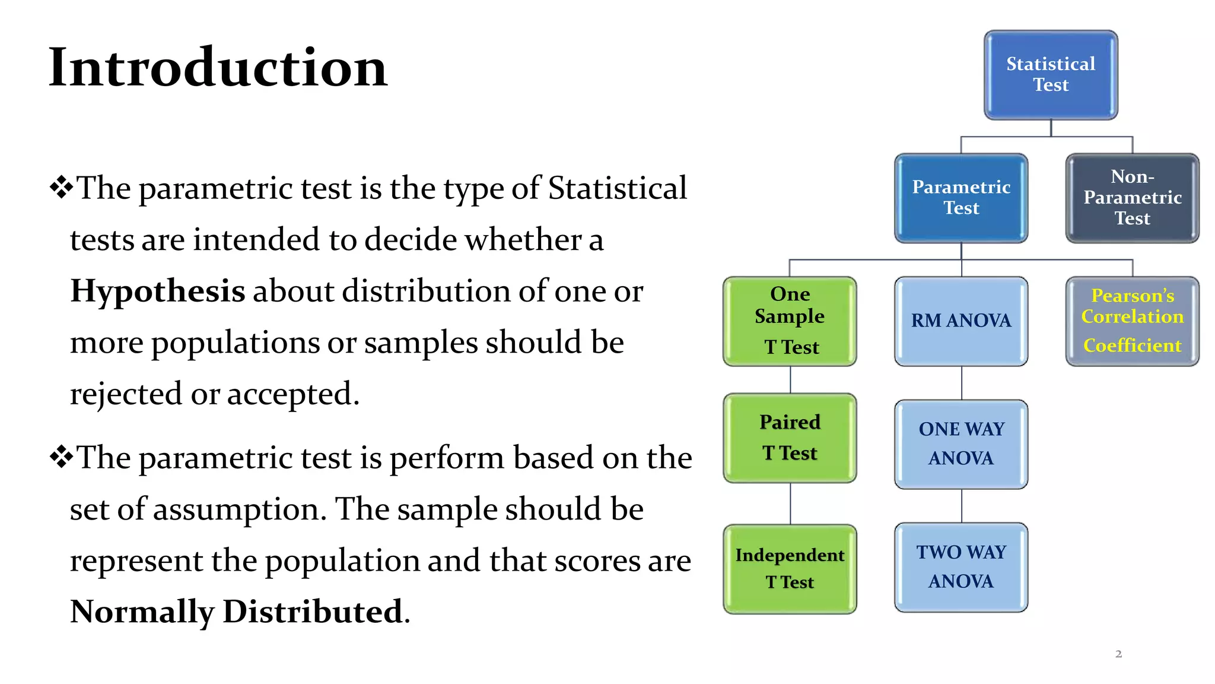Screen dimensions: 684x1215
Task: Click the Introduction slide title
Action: pyautogui.click(x=218, y=68)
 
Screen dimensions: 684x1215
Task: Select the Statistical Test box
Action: pyautogui.click(x=1051, y=75)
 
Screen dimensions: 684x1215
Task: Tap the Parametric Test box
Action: pyautogui.click(x=961, y=198)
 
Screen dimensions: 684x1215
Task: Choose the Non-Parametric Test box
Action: pyautogui.click(x=1132, y=198)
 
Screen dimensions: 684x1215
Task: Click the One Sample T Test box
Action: pyautogui.click(x=790, y=321)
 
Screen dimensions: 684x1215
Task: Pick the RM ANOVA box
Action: pyautogui.click(x=961, y=321)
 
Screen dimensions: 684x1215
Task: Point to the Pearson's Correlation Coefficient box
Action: pyautogui.click(x=1132, y=321)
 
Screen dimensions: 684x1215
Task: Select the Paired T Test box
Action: pyautogui.click(x=790, y=438)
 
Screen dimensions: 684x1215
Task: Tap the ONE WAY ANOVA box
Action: pyautogui.click(x=961, y=444)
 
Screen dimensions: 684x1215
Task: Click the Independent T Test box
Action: pyautogui.click(x=790, y=568)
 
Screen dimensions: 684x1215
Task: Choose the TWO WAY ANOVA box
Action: pyautogui.click(x=961, y=567)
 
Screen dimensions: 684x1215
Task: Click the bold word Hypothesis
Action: pyautogui.click(x=158, y=292)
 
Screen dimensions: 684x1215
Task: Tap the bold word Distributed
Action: pyautogui.click(x=313, y=612)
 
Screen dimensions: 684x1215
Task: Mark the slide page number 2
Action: pyautogui.click(x=1118, y=654)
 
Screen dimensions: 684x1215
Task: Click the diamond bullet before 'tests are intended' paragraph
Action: pyautogui.click(x=61, y=188)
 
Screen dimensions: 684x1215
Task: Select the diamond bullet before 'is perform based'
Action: pyautogui.click(x=61, y=457)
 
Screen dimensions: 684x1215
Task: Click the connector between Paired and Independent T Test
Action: pyautogui.click(x=790, y=503)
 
